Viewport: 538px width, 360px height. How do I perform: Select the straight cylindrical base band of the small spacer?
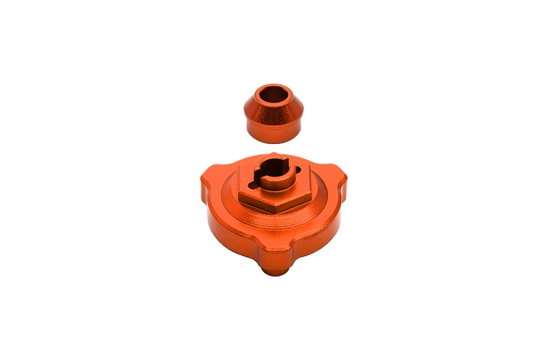tap(272, 133)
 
